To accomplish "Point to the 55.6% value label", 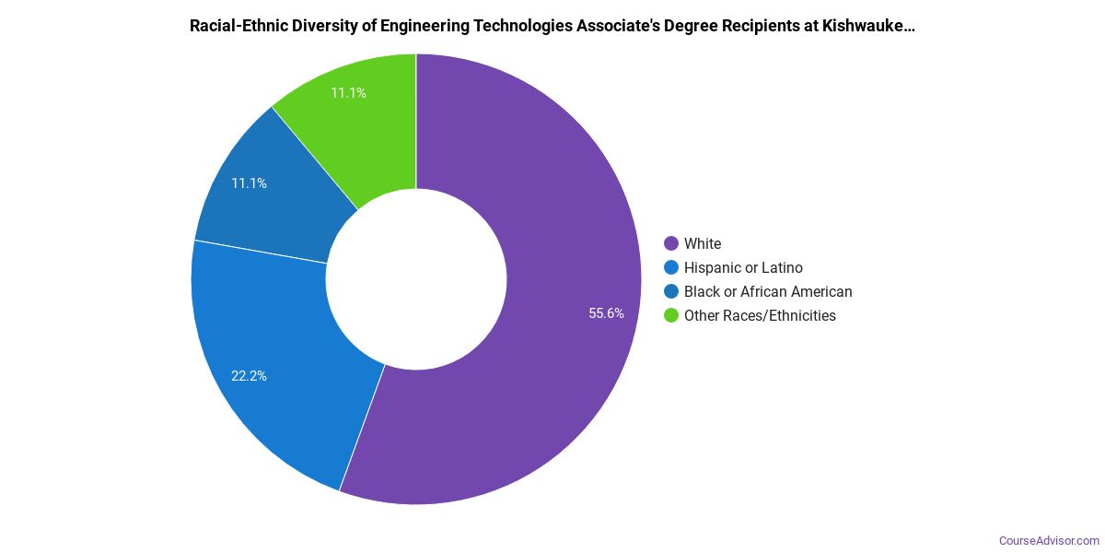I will click(606, 313).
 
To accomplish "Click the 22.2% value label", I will click(249, 376).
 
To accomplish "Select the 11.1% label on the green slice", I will click(348, 93).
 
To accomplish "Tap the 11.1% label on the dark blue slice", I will click(249, 183).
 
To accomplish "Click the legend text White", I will click(703, 244).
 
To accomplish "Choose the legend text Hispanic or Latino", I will click(743, 268).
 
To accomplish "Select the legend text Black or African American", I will click(768, 292).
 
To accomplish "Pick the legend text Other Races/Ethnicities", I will click(760, 316).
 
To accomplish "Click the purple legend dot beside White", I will click(671, 244).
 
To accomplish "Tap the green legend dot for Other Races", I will click(671, 316).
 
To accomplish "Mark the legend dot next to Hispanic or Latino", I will click(671, 268).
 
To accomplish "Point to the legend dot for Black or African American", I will click(671, 292).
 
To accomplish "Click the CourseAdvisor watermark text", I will click(1049, 540).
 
